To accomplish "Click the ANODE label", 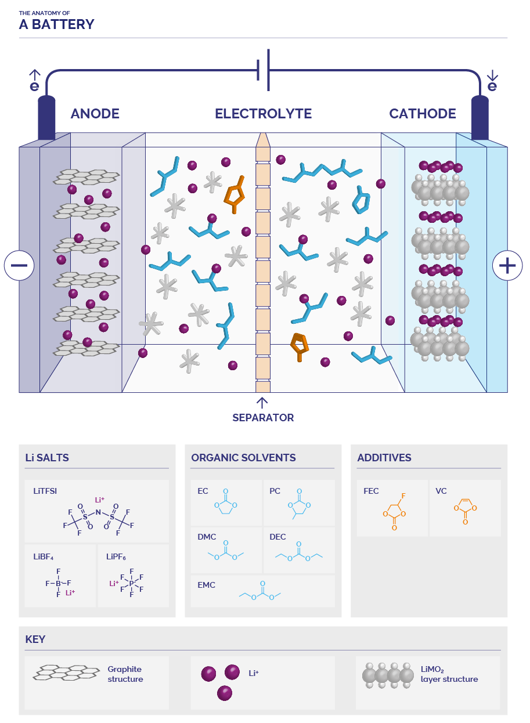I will [95, 114].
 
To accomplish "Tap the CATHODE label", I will [423, 114].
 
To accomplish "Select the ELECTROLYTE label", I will [263, 114].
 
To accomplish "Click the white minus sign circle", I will [19, 266].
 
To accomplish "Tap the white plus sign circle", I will [507, 266].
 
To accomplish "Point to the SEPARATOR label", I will [263, 418].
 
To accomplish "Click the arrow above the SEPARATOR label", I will [262, 402].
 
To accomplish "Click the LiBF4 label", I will [44, 557].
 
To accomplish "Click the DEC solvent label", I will [277, 537].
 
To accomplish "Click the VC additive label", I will [441, 491].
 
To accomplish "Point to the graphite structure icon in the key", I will [66, 673].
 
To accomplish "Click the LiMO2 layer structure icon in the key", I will [384, 675].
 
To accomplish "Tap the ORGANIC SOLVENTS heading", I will [244, 458].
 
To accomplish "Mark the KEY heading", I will [35, 639].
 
